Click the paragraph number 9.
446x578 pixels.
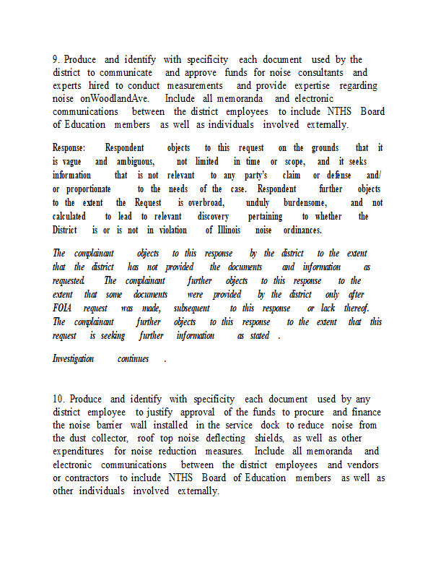56,59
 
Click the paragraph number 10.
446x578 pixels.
58,399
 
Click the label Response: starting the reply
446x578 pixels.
69,147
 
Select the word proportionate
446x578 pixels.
89,189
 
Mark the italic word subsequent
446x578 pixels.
191,308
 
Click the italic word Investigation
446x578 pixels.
73,358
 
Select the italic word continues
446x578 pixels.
133,358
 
